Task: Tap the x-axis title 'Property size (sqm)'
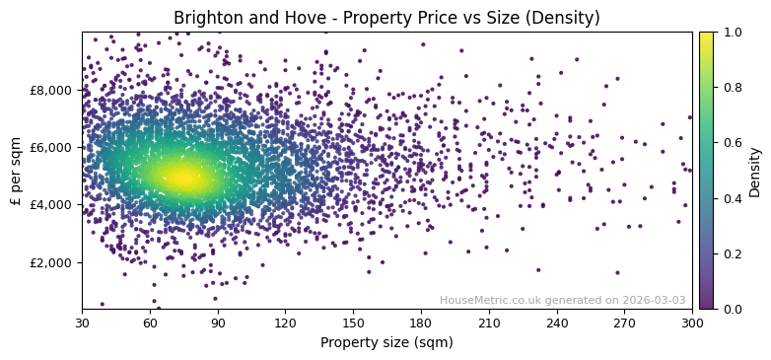point(386,343)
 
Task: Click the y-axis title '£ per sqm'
point(16,171)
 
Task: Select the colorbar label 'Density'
point(755,171)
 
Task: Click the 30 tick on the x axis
point(82,323)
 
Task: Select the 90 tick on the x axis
point(218,323)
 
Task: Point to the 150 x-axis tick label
point(353,323)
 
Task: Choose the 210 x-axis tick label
point(489,323)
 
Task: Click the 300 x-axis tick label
point(692,323)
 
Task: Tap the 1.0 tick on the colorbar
point(732,33)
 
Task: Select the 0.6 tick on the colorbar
point(732,143)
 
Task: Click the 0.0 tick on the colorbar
point(732,310)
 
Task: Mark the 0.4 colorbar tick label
point(732,198)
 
